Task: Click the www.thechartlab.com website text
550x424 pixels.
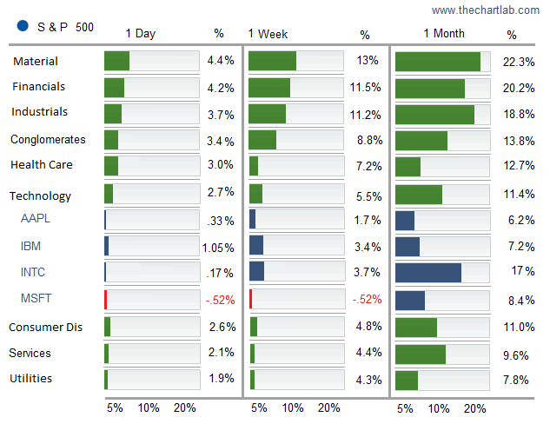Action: pyautogui.click(x=486, y=10)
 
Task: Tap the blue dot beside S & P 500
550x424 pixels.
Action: pyautogui.click(x=23, y=26)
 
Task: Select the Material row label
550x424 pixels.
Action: pyautogui.click(x=36, y=62)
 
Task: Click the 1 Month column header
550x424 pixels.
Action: pyautogui.click(x=443, y=34)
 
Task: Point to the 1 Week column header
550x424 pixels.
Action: pyautogui.click(x=268, y=35)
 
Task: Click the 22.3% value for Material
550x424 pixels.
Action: pyautogui.click(x=518, y=62)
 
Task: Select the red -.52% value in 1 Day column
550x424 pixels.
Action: pyautogui.click(x=220, y=300)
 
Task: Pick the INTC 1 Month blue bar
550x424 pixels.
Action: pyautogui.click(x=428, y=273)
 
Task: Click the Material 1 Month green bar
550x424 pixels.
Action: pyautogui.click(x=438, y=62)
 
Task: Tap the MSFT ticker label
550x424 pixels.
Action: pyautogui.click(x=36, y=298)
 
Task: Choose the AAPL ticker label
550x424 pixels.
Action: pyautogui.click(x=36, y=218)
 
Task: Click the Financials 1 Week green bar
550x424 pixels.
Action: pyautogui.click(x=269, y=88)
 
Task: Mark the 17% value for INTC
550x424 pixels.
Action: pyautogui.click(x=522, y=272)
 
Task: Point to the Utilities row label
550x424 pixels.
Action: pyautogui.click(x=31, y=379)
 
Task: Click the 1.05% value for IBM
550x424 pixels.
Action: pyautogui.click(x=218, y=248)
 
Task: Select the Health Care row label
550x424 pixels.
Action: pyautogui.click(x=42, y=165)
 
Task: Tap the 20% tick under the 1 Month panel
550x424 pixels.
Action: pyautogui.click(x=474, y=408)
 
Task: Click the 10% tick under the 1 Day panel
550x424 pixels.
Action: pyautogui.click(x=149, y=408)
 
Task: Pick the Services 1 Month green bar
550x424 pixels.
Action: pyautogui.click(x=421, y=354)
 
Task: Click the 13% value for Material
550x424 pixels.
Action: pyautogui.click(x=368, y=62)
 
